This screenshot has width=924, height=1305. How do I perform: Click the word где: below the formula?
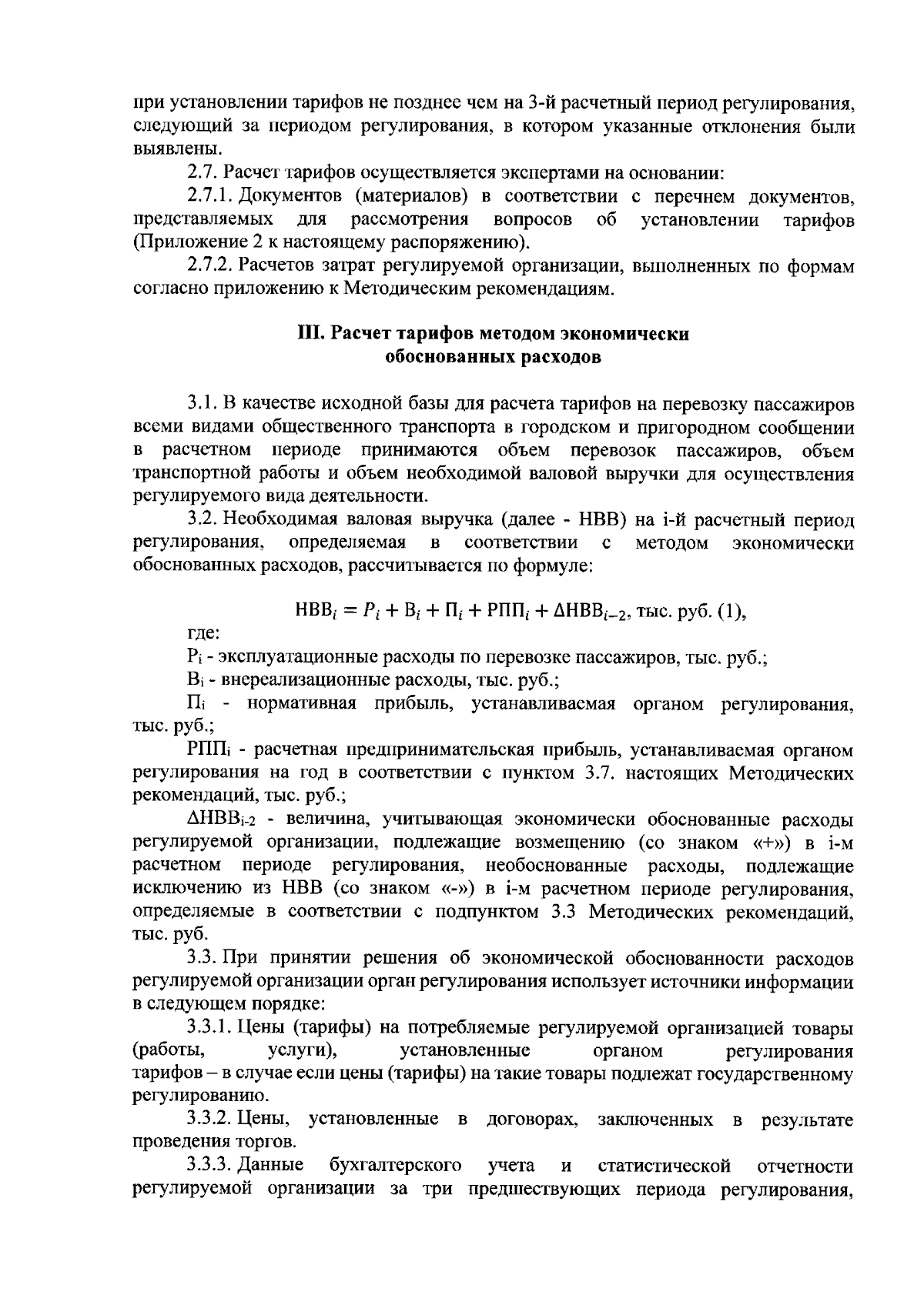point(203,635)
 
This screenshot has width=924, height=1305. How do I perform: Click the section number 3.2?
point(202,521)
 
